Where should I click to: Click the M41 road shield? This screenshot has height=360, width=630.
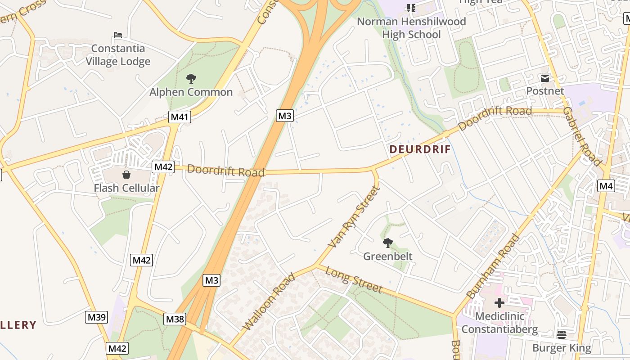(x=180, y=117)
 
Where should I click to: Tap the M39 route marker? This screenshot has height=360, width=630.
(x=96, y=317)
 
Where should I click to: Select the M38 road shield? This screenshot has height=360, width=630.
(x=175, y=319)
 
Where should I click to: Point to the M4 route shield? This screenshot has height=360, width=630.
(x=606, y=186)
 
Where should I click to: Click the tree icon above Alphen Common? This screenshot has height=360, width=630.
(x=191, y=79)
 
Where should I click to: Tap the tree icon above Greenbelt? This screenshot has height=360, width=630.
(x=387, y=243)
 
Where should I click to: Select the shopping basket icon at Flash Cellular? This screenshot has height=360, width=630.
(x=126, y=174)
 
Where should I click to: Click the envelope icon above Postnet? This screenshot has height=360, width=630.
(x=545, y=78)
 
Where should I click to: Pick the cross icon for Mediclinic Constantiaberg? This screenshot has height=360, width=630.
(x=499, y=302)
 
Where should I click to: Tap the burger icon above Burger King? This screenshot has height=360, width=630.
(x=561, y=334)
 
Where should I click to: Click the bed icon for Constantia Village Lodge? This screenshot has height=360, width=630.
(x=118, y=35)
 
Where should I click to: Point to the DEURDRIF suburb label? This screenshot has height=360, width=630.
(x=420, y=149)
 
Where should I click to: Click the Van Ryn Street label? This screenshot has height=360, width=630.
(x=355, y=217)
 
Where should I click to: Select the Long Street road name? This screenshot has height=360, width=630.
(x=354, y=279)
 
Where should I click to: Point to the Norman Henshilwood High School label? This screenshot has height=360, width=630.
(x=411, y=28)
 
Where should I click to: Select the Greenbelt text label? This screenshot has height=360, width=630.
(x=387, y=256)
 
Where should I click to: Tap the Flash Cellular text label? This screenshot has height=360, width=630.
(x=126, y=188)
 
